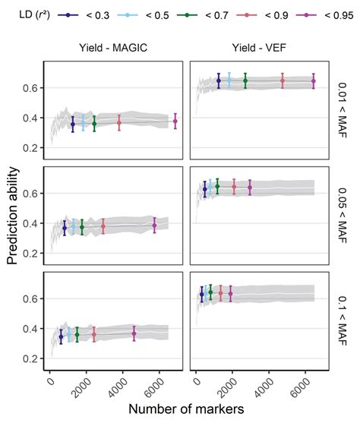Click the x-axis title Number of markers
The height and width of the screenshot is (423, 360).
[x=186, y=409]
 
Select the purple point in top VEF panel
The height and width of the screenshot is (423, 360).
[x=314, y=80]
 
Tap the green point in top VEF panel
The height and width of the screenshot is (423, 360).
[x=245, y=80]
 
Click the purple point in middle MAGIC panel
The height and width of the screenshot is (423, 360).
[x=154, y=226]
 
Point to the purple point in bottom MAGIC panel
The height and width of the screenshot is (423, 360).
[x=134, y=333]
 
